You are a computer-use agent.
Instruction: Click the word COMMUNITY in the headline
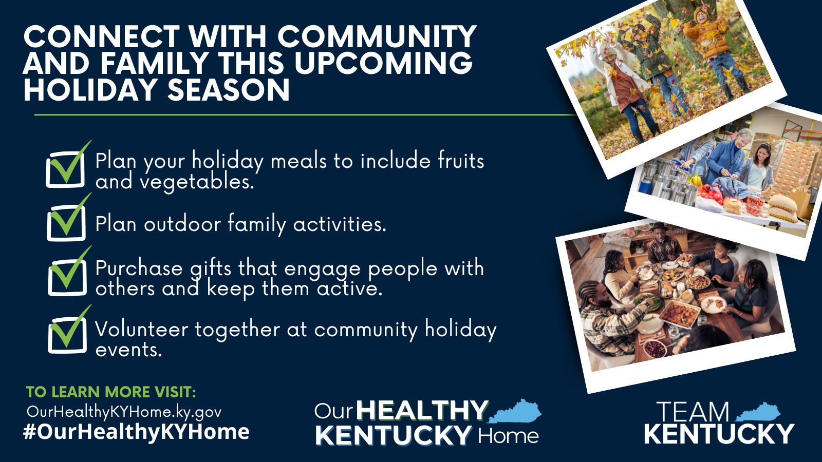[x=377, y=36]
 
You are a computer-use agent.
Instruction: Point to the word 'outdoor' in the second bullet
[x=182, y=223]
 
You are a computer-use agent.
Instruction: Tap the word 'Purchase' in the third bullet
[x=139, y=268]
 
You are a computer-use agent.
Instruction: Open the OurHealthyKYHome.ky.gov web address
[x=124, y=412]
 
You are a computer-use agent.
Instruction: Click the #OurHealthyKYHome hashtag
[x=136, y=432]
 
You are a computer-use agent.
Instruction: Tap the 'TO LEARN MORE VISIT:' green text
[x=111, y=392]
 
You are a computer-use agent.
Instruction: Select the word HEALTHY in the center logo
[x=422, y=410]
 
